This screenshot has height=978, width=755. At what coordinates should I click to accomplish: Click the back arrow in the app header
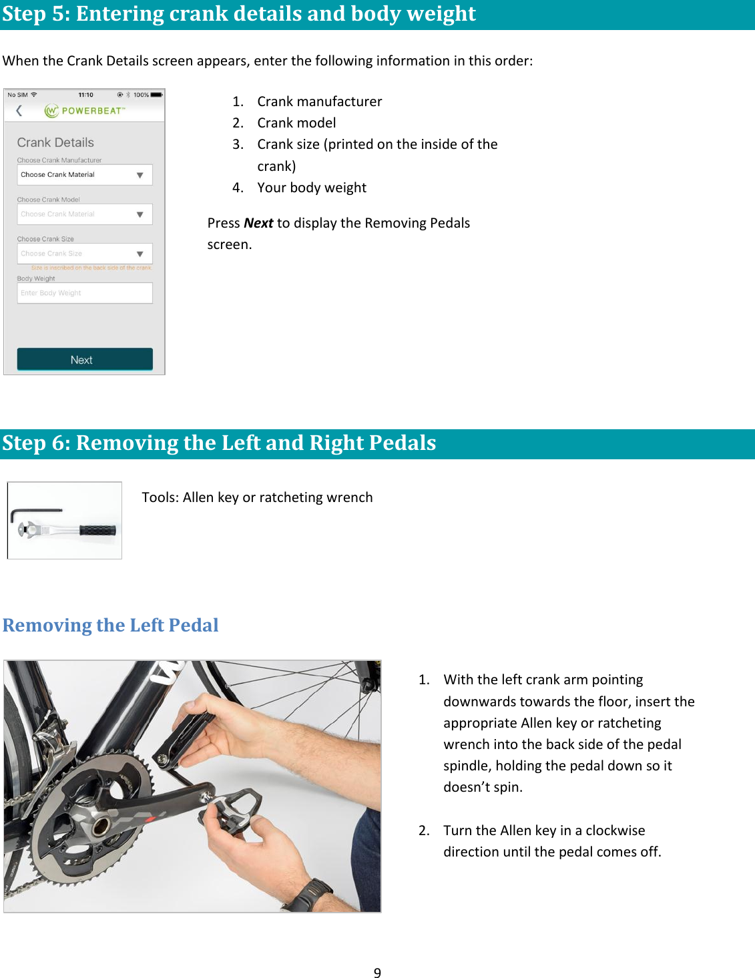tap(19, 111)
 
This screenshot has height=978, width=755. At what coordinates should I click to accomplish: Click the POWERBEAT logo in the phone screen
tap(85, 111)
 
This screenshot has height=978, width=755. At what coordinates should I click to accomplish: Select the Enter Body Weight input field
tap(85, 293)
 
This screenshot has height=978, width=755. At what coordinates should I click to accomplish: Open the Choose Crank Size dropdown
tap(85, 254)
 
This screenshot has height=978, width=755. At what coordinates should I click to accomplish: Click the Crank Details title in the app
tap(55, 142)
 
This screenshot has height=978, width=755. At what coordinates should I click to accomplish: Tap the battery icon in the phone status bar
tap(156, 95)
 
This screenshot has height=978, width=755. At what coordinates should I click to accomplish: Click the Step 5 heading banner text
tap(239, 14)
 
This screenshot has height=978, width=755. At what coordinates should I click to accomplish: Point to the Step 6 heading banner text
tap(219, 443)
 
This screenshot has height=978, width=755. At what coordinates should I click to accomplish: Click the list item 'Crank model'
tap(296, 123)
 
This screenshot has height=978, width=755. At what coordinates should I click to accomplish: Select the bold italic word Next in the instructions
tap(258, 223)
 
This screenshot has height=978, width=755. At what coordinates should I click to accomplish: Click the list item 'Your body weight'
tap(312, 188)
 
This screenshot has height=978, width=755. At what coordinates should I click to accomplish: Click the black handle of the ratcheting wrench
tap(97, 531)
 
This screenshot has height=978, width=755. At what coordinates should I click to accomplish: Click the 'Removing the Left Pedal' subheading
tap(111, 626)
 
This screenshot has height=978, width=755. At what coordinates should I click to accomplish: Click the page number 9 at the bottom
tap(377, 973)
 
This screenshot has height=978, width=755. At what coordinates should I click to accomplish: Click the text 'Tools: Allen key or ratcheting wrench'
tap(257, 497)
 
